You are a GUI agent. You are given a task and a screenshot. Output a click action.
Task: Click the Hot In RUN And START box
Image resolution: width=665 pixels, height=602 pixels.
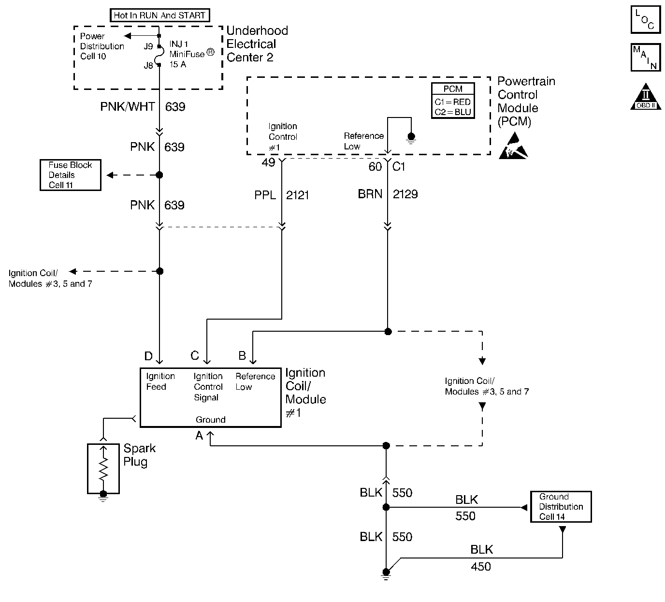(159, 15)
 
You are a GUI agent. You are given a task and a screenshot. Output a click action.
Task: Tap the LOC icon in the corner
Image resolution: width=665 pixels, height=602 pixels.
(645, 20)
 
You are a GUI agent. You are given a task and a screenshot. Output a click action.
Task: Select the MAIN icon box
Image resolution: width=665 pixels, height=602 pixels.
(645, 57)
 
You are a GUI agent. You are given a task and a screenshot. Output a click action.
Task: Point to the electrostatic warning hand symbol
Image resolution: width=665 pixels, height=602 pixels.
(515, 148)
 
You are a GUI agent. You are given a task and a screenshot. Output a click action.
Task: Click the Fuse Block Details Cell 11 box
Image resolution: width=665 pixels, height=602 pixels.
(70, 175)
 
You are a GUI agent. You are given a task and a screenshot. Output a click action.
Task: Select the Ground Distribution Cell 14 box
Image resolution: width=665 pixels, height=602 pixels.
(561, 507)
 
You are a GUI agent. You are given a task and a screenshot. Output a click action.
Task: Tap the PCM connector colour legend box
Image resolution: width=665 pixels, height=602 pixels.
(453, 101)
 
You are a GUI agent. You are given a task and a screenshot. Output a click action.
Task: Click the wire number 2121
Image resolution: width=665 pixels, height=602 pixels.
(297, 195)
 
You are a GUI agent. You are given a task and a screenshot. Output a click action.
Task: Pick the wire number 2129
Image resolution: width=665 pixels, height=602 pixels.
(405, 194)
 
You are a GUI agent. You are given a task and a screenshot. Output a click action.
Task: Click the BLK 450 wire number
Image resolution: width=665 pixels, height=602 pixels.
(480, 566)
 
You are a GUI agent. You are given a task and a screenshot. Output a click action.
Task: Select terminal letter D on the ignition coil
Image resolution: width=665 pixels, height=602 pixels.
(148, 356)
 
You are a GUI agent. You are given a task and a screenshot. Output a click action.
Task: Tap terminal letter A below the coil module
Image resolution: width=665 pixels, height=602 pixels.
(199, 436)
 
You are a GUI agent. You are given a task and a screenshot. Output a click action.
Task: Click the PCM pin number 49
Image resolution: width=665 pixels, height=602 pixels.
(268, 162)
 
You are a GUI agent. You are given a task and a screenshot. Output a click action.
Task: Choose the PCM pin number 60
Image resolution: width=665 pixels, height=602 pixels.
(375, 167)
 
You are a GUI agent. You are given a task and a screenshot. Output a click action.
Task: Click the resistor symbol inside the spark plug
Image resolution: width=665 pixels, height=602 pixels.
(103, 468)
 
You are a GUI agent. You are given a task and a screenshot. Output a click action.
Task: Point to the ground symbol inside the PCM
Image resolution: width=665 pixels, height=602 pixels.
(411, 138)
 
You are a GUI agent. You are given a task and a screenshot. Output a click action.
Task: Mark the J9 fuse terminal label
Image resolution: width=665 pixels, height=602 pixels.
(148, 46)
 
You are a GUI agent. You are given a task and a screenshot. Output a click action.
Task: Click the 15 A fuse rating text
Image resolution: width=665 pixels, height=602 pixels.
(177, 64)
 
